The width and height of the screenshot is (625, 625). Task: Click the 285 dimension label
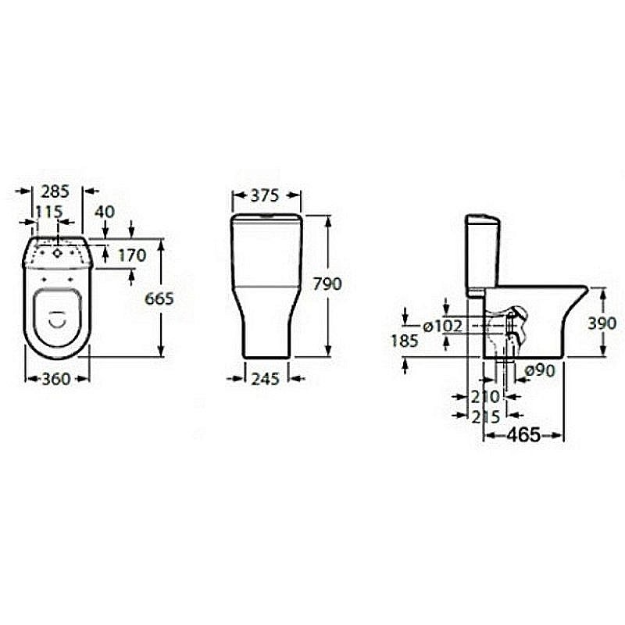click(x=55, y=191)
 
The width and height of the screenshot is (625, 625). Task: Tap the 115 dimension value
click(x=49, y=212)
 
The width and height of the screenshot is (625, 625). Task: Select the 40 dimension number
click(x=105, y=212)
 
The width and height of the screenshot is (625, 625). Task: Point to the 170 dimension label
click(x=132, y=255)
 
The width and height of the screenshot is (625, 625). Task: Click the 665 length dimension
click(x=159, y=298)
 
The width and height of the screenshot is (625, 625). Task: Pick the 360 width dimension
click(x=56, y=379)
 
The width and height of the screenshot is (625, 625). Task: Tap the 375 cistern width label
click(x=265, y=195)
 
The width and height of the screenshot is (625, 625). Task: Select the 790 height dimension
click(x=327, y=284)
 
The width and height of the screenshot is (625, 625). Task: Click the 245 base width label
click(x=266, y=379)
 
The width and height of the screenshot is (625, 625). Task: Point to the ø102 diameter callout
click(x=443, y=327)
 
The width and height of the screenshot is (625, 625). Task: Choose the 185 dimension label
click(x=405, y=341)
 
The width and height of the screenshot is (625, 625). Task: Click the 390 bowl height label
click(x=602, y=323)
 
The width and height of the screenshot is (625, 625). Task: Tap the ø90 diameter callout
click(x=540, y=371)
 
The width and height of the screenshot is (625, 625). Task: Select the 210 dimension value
click(x=485, y=397)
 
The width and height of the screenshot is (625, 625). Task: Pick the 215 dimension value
click(x=485, y=417)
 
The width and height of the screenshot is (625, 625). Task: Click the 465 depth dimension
click(x=523, y=435)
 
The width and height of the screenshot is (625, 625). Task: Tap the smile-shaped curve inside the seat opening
click(x=58, y=322)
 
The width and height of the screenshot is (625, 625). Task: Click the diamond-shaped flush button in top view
click(x=58, y=252)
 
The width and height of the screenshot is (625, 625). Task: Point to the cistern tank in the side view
click(x=482, y=256)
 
